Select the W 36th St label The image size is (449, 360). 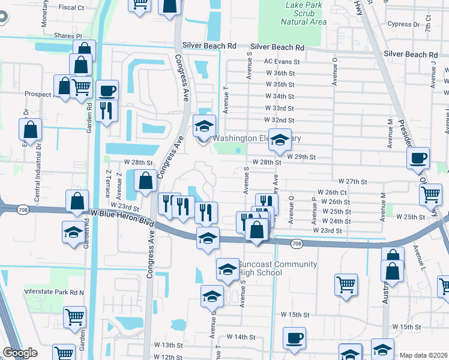point(280,73)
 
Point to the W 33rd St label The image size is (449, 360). point(280,109)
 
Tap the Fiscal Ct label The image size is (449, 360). point(71,8)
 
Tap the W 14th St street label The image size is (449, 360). point(241,337)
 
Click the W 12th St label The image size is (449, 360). point(167,356)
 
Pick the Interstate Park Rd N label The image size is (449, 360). point(54,292)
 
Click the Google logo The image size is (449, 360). point(20,353)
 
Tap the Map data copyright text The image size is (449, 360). point(424,355)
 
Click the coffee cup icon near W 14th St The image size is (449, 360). point(294,338)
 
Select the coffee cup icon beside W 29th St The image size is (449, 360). point(418,158)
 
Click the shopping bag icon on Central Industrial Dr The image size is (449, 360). point(30,129)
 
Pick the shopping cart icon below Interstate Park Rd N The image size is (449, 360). point(74,316)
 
